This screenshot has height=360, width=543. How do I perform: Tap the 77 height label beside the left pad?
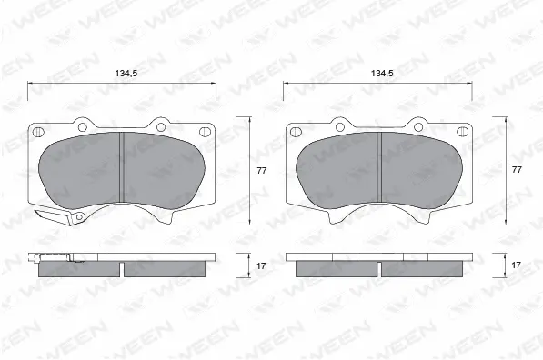click(x=261, y=170)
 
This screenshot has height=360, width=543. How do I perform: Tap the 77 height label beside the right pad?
click(x=517, y=170)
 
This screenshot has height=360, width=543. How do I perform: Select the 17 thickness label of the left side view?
click(x=261, y=265)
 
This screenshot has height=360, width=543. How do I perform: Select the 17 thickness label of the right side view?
click(x=516, y=265)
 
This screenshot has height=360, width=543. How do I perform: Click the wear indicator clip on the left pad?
click(x=60, y=216)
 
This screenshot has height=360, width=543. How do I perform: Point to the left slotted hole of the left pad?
click(x=37, y=132)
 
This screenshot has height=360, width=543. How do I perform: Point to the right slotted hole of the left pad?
click(x=204, y=132)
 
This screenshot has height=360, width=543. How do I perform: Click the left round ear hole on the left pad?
click(x=82, y=127)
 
